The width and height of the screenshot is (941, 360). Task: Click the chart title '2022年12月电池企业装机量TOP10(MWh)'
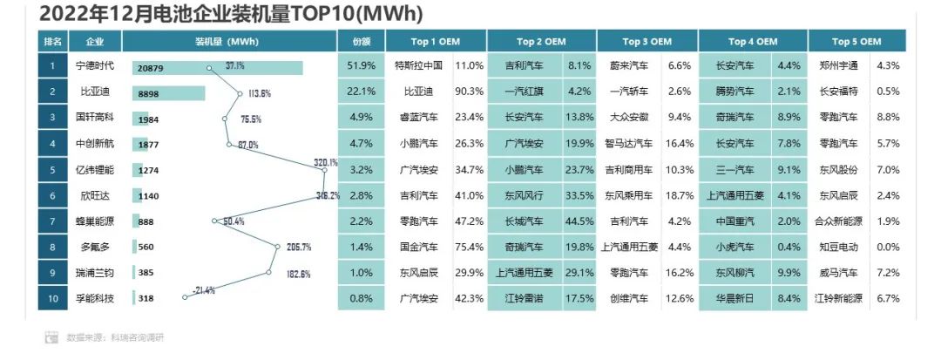click(232, 14)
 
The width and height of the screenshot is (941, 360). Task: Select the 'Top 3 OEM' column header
click(647, 41)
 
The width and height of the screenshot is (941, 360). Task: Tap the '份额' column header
click(361, 41)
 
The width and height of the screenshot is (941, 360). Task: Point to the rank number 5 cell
click(53, 170)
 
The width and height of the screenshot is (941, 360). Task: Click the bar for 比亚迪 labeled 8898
click(169, 92)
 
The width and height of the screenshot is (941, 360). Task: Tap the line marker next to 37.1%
click(209, 66)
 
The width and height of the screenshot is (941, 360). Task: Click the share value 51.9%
click(361, 65)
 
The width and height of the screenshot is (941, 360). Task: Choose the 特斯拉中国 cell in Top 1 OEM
click(419, 65)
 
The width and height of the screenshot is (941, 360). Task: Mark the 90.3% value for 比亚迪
click(469, 92)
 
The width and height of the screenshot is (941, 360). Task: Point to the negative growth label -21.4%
click(203, 289)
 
